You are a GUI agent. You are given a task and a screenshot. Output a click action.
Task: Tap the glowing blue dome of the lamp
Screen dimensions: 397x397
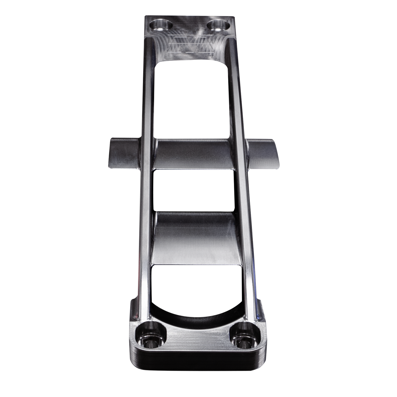[x=388, y=180]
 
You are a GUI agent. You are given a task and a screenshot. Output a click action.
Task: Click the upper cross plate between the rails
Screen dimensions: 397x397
[x=193, y=154]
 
